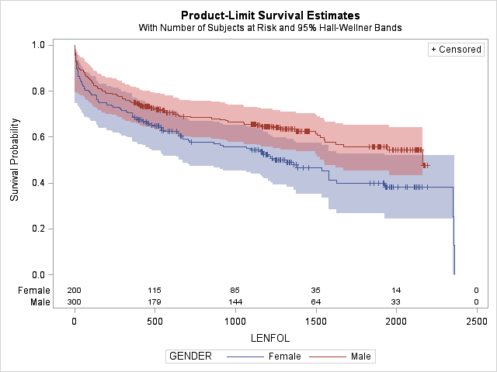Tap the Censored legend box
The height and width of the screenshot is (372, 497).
click(456, 50)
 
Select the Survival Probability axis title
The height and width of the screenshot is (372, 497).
click(15, 160)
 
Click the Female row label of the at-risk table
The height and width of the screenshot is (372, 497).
click(35, 290)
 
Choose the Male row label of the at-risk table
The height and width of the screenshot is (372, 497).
click(39, 301)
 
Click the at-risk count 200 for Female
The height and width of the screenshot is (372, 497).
click(75, 290)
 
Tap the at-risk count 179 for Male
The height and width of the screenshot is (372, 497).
click(155, 301)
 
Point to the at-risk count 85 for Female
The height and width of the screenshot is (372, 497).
click(235, 290)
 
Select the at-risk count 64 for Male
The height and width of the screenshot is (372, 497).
click(316, 301)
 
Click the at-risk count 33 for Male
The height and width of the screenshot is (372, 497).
click(396, 301)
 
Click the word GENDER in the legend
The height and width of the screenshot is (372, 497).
click(190, 356)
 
